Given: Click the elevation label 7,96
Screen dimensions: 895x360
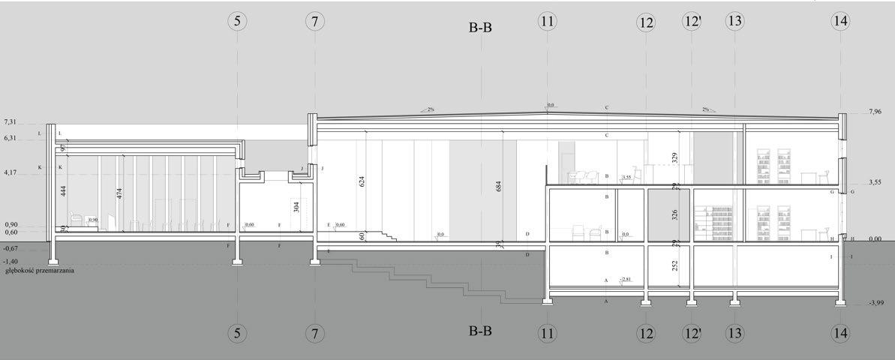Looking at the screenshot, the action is pos(874,112).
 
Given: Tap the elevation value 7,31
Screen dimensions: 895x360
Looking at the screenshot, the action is pos(10,121).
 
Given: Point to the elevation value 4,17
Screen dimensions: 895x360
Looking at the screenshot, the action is pos(10,172).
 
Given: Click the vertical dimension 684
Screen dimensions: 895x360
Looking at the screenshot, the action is pos(499,187).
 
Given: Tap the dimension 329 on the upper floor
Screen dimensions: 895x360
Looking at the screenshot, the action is pos(675,157).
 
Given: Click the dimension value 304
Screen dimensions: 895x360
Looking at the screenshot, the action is pos(297,208).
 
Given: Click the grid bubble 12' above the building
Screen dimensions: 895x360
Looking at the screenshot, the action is pos(692,22).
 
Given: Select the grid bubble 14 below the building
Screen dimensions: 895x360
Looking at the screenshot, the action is pos(840,332).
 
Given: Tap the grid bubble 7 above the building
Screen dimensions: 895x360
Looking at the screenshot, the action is pos(315,22).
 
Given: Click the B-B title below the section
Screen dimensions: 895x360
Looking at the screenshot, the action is pos(479,331).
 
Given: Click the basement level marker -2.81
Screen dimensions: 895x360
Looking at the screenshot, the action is pos(626,280).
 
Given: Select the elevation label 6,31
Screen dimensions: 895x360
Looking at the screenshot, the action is pos(10,138).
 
